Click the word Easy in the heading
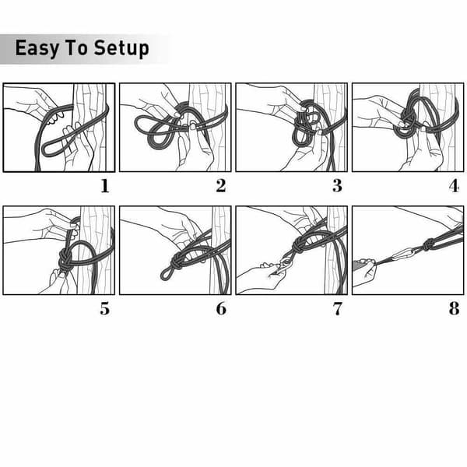37,48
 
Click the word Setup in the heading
121,48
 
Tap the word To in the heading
76,47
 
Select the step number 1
105,186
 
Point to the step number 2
221,186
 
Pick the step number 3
337,186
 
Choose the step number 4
454,186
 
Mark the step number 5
104,308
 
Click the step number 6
221,308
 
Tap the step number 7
338,308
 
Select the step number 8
455,308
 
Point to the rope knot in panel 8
428,245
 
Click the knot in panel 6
177,262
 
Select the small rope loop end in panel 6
166,275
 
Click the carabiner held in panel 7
283,264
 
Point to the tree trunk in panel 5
95,250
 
